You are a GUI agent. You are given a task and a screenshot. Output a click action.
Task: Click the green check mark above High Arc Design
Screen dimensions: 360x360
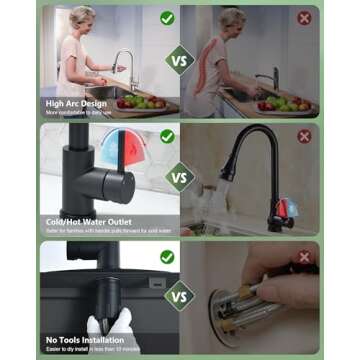pyautogui.click(x=167, y=18)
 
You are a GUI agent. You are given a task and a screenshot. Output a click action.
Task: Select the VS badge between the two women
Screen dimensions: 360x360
pyautogui.click(x=180, y=61)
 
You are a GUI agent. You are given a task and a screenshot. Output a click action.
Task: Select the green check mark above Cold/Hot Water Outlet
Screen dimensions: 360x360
pyautogui.click(x=167, y=136)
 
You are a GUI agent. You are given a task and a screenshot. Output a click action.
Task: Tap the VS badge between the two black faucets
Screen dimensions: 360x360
pyautogui.click(x=180, y=180)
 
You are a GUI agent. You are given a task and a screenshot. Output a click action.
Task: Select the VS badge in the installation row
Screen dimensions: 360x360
pyautogui.click(x=180, y=298)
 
